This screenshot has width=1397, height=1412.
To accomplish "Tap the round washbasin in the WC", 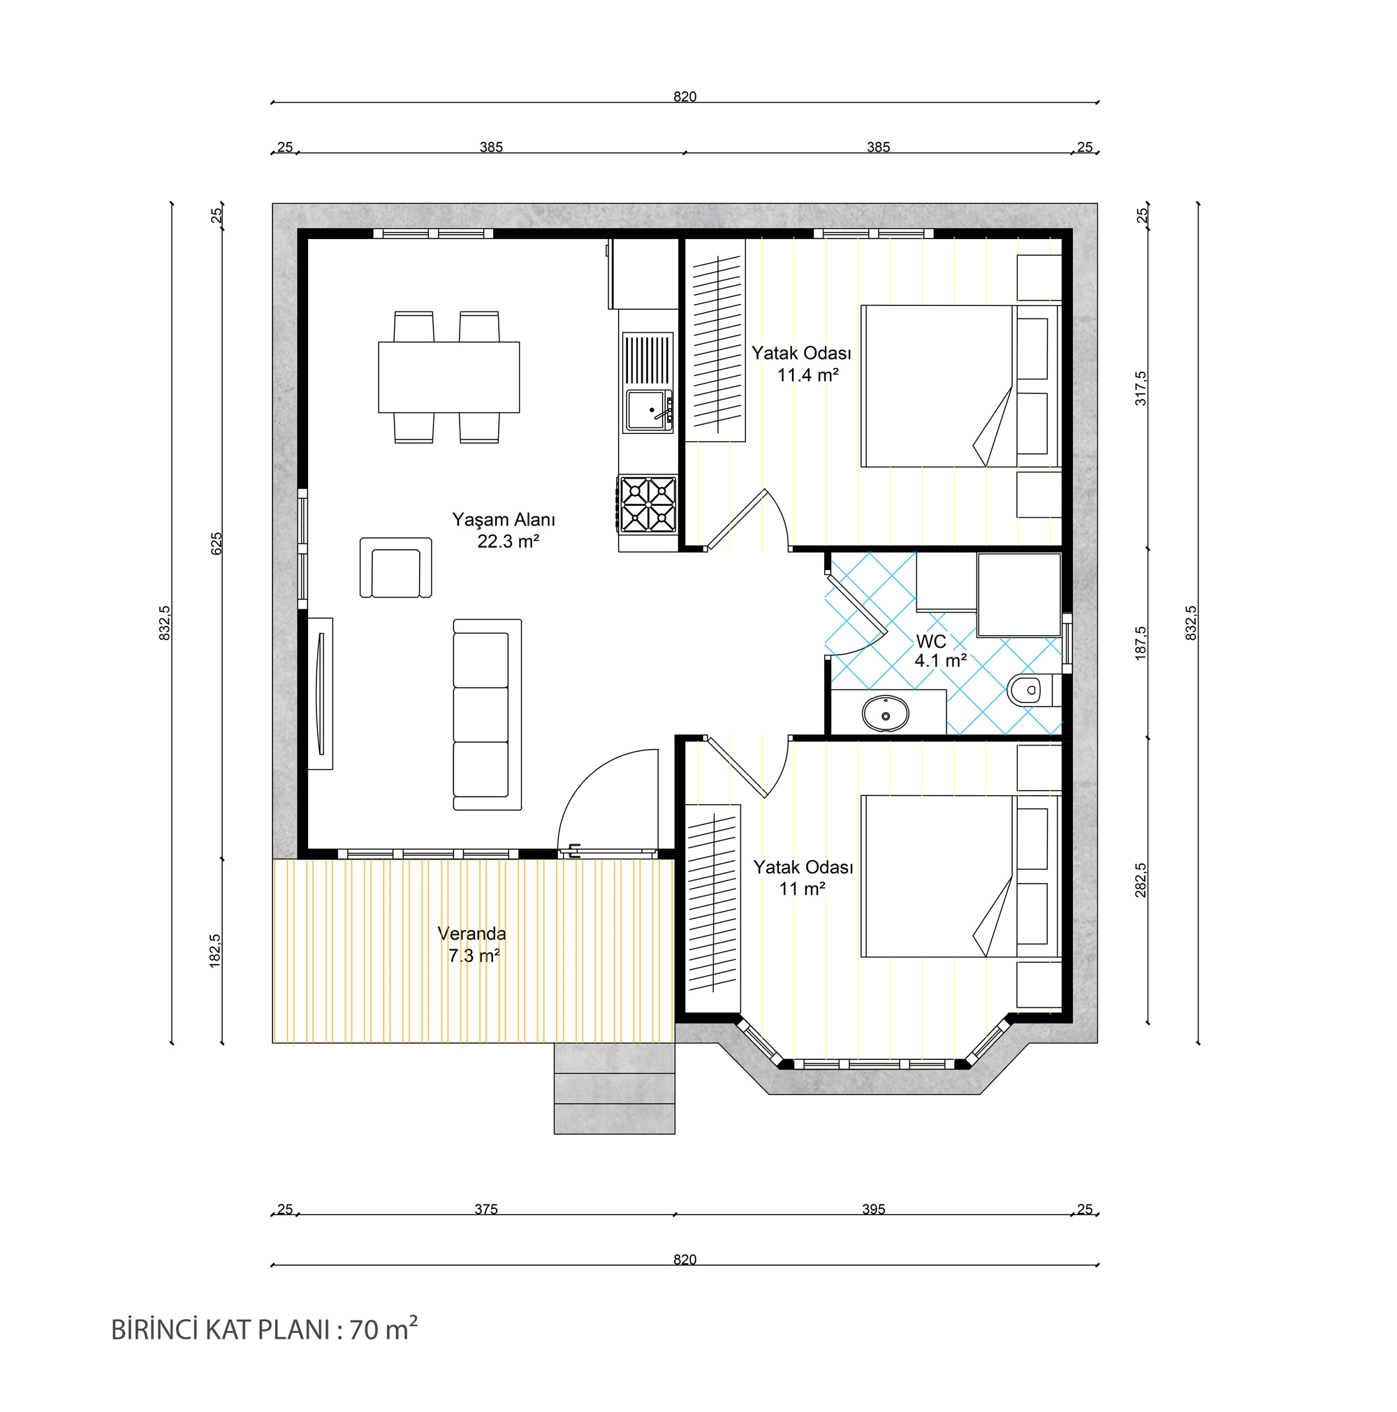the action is [x=886, y=713].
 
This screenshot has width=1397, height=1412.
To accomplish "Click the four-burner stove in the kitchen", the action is [x=648, y=504].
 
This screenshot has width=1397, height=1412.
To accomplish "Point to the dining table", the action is [x=448, y=377].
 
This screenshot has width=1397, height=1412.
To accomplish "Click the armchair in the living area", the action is [x=395, y=568].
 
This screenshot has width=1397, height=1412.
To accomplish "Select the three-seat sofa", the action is [x=488, y=715].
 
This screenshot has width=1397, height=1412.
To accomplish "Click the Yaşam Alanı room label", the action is [x=504, y=520].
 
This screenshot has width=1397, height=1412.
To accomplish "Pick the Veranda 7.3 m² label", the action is [x=472, y=945].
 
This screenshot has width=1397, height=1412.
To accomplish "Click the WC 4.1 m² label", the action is [x=940, y=651].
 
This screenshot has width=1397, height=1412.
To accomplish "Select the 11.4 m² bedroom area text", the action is [x=807, y=375].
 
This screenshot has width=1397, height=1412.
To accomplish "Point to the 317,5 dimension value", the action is [x=1141, y=388].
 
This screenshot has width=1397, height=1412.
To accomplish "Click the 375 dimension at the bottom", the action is [x=486, y=1209].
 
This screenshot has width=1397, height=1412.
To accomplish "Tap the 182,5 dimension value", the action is [x=215, y=951].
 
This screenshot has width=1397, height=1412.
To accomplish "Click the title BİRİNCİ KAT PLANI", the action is [x=221, y=1330].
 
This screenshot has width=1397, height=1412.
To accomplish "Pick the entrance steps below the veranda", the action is [x=614, y=1089].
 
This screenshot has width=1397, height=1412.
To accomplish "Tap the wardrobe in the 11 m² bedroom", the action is [x=712, y=908].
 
